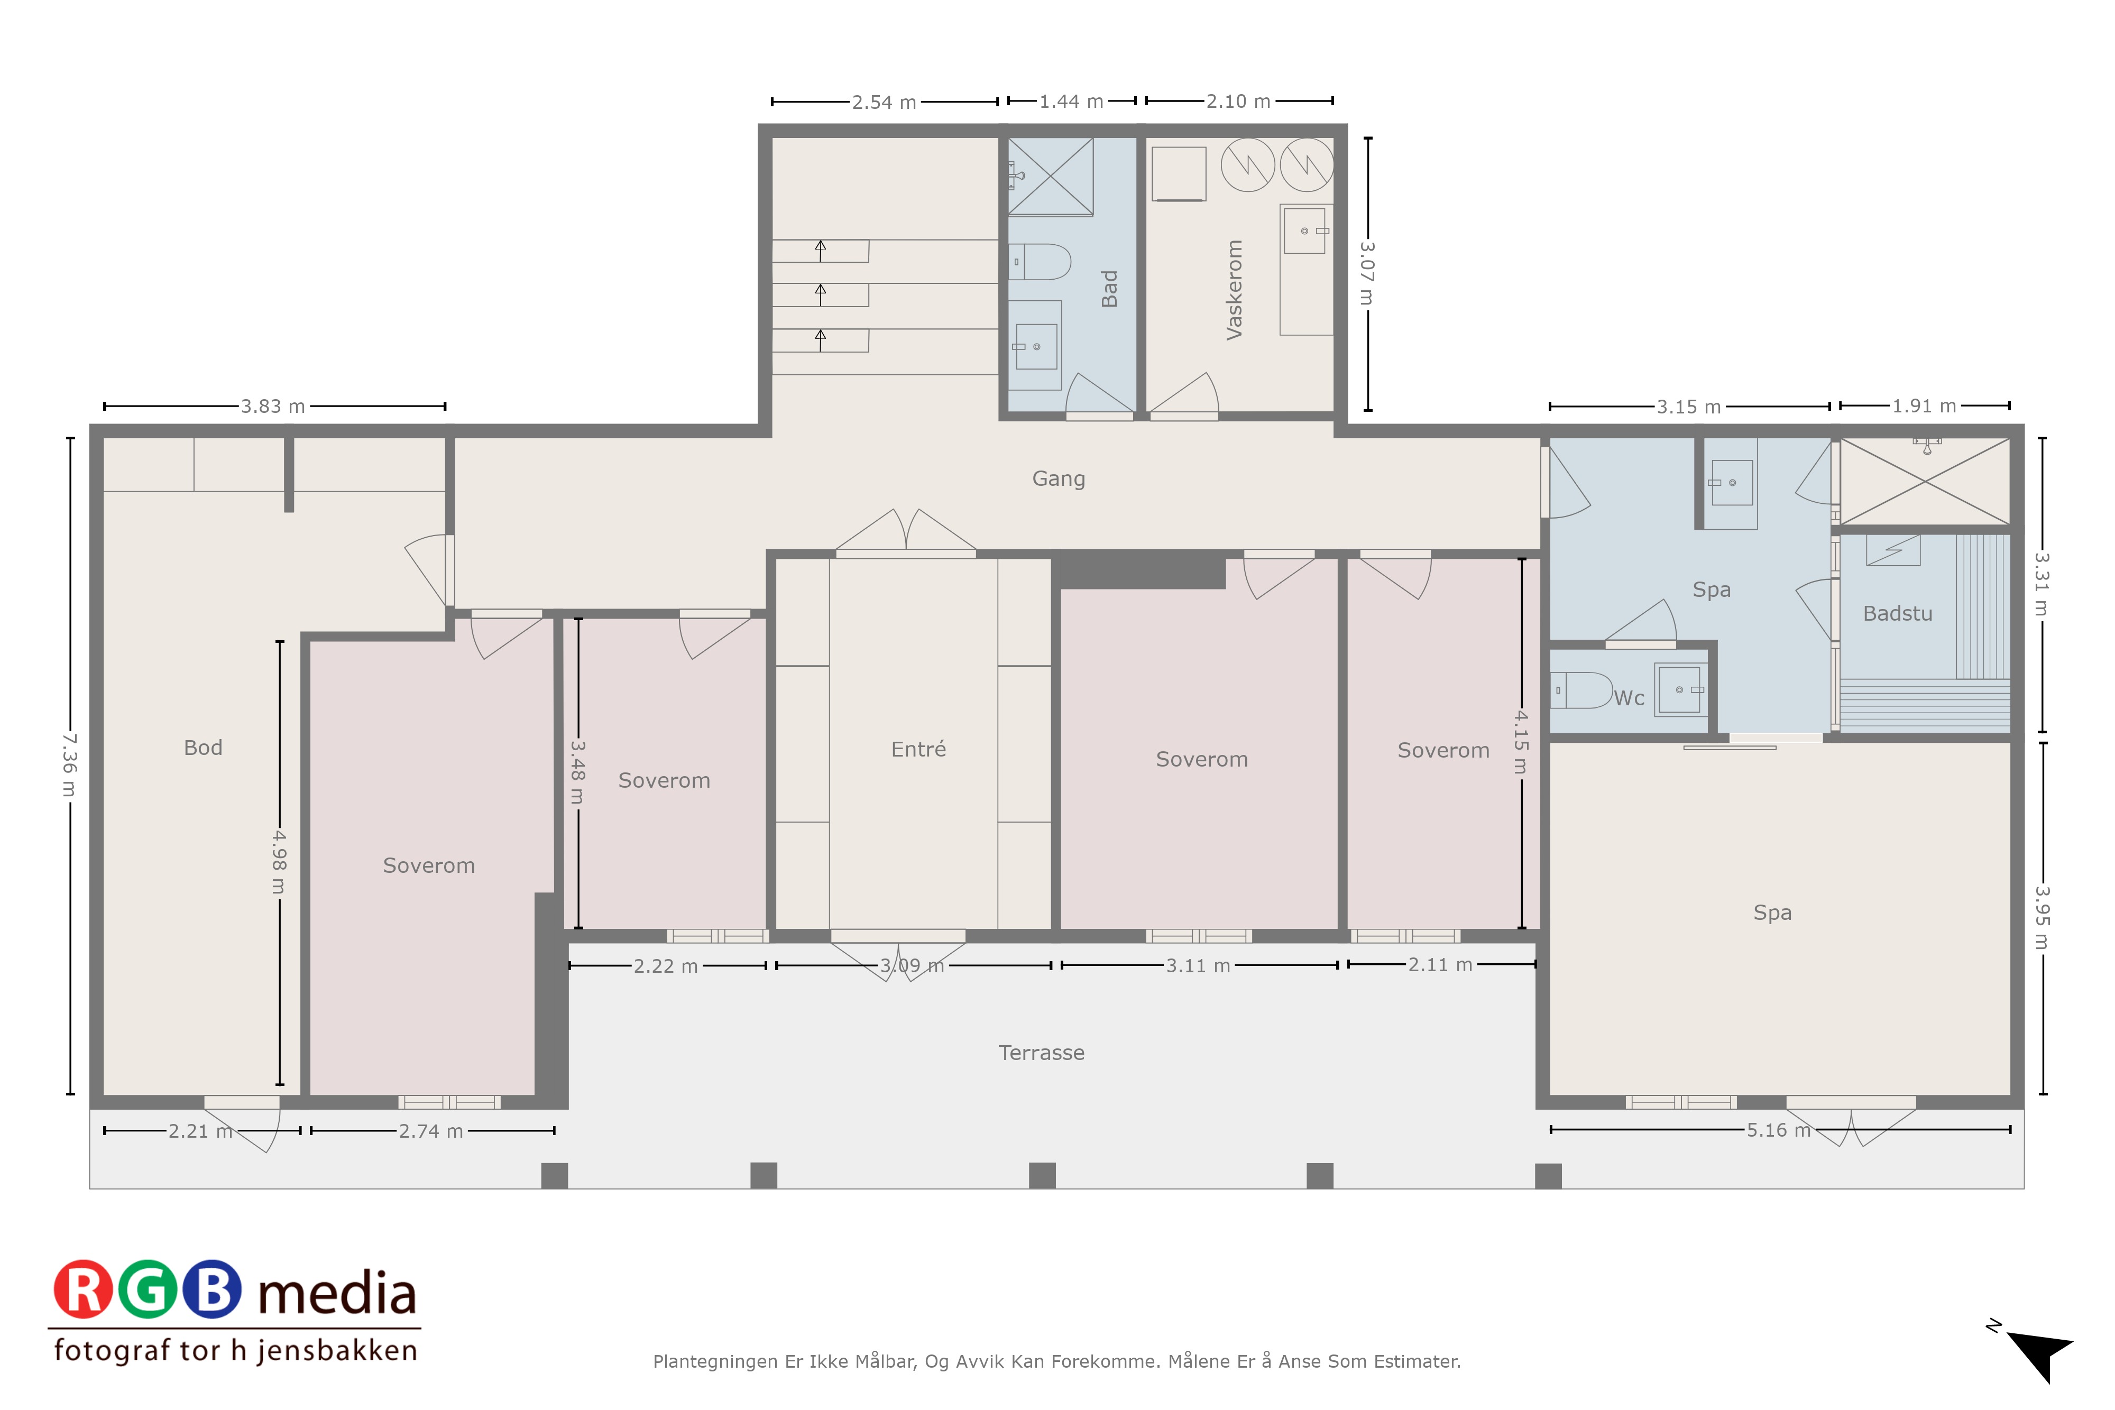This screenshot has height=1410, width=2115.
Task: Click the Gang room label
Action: tap(1059, 478)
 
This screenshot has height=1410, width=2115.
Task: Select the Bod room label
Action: tap(203, 747)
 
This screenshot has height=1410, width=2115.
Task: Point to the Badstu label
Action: tap(1897, 613)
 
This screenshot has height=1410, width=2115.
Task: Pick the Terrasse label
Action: tap(1041, 1052)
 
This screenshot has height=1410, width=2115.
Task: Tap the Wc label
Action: tap(1629, 698)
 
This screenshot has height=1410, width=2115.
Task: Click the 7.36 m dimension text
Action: tap(69, 765)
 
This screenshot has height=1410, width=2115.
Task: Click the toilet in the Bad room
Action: tap(1041, 262)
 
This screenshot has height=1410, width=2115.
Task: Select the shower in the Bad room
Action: tap(1050, 176)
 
